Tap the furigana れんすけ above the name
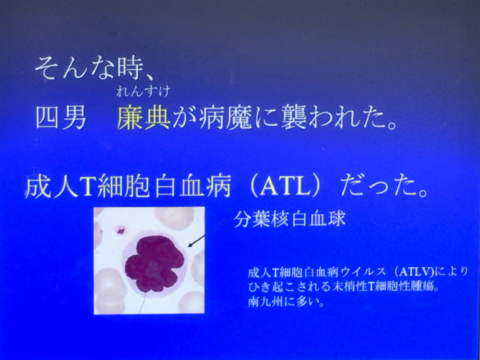coord(143,92)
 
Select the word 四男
coord(61,118)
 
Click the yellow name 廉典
coord(143,118)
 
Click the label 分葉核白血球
coord(289,219)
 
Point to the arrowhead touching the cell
coord(190,245)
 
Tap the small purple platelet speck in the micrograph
coord(121,229)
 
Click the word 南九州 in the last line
coord(262,302)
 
